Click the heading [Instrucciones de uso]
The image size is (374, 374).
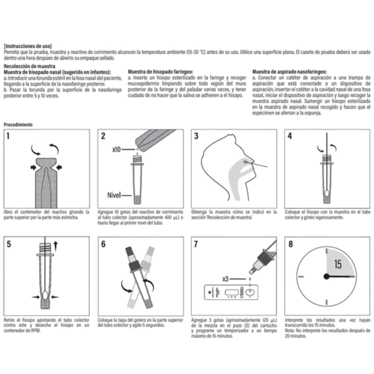click(x=28, y=46)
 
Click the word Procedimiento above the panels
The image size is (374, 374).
click(x=18, y=125)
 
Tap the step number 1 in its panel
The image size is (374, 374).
click(x=8, y=136)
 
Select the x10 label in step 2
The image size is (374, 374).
click(x=116, y=149)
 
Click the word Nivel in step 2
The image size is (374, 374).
click(x=114, y=195)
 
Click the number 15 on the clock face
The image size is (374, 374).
click(x=338, y=264)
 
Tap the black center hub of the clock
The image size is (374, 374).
click(x=327, y=276)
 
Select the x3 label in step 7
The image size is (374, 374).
click(x=225, y=279)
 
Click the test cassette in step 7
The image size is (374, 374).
click(x=231, y=292)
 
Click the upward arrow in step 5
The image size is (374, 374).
click(x=56, y=246)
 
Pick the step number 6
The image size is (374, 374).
click(x=103, y=244)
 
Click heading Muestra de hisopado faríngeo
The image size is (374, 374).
click(x=160, y=72)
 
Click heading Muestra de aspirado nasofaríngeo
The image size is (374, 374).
click(x=289, y=72)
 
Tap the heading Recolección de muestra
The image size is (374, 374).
click(x=29, y=66)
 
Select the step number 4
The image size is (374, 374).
click(x=290, y=136)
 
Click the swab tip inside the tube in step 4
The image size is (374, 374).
click(x=327, y=193)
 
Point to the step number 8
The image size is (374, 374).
click(x=290, y=244)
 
